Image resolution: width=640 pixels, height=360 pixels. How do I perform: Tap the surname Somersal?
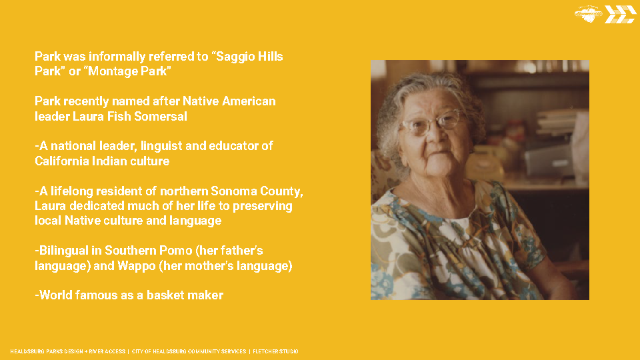161,116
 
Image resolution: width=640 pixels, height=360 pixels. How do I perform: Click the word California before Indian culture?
61,161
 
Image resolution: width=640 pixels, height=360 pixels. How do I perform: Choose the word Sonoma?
233,191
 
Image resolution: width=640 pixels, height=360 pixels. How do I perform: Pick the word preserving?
263,207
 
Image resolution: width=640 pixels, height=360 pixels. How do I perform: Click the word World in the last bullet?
55,295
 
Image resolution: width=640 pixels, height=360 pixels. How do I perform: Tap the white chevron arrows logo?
620,14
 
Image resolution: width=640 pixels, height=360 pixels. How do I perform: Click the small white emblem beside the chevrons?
588,13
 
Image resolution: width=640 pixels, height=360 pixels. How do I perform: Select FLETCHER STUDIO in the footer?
275,351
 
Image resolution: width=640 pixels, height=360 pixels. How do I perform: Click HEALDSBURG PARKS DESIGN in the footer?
47,351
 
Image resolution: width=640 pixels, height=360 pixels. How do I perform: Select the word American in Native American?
249,101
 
